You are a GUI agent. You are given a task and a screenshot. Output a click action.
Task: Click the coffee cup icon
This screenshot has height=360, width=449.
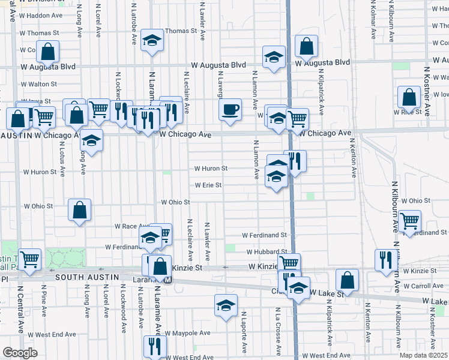click(x=230, y=110)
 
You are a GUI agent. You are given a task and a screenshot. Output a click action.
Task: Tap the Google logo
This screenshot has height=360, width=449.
click(x=20, y=353)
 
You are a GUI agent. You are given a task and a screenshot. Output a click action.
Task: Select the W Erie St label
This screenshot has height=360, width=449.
click(x=207, y=185)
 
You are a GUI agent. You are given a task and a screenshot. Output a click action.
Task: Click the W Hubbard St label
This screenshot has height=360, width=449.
click(x=267, y=252)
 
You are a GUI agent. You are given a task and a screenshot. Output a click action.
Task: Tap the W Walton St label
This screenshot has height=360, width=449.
click(x=39, y=85)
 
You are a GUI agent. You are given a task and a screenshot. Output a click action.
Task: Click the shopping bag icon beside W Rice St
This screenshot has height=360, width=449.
click(x=409, y=97)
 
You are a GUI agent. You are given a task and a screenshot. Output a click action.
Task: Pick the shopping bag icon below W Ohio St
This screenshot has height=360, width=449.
click(x=79, y=210)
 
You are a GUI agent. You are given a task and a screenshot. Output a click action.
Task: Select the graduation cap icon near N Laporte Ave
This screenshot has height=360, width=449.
click(x=226, y=305)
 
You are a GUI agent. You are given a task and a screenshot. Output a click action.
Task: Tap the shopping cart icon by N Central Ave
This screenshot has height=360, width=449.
click(x=29, y=259)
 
